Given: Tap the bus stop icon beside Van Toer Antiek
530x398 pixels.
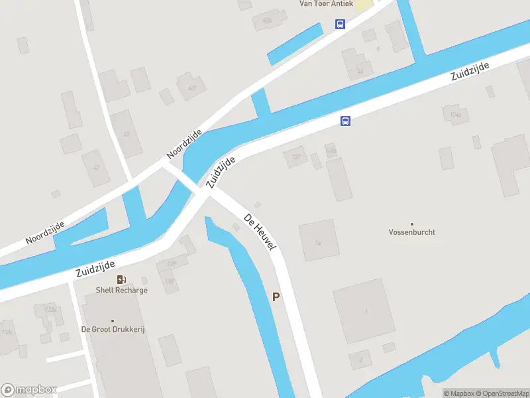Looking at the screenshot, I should point(340,25).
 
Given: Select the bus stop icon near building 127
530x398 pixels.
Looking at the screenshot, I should point(345,121).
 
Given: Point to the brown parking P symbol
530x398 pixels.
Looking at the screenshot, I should point(276,297).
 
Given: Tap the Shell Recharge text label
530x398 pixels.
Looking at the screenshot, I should point(121,290).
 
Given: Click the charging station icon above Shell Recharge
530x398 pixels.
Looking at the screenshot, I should point(121,279).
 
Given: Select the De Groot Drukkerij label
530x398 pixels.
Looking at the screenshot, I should point(113,330).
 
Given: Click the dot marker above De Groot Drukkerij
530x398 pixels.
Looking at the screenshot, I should point(113,320).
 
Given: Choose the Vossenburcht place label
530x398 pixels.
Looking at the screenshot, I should point(411,233).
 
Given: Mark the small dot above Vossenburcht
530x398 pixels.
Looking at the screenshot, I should point(411,224).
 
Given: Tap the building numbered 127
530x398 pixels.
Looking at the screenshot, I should point(295,157).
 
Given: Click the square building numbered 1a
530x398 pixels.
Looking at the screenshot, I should point(319,240).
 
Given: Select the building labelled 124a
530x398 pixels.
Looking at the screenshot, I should point(455,115).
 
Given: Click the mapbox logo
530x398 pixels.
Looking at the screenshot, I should point(28,390).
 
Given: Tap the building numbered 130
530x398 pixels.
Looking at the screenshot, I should point(170,281).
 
